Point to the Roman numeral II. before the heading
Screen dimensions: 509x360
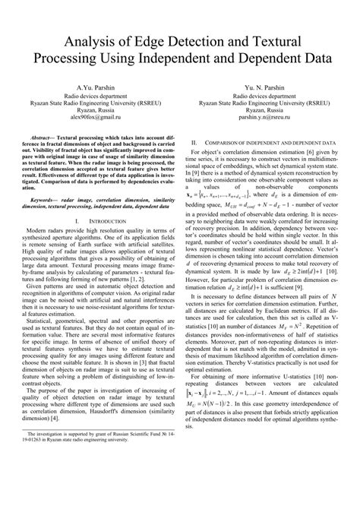tap(195, 143)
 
